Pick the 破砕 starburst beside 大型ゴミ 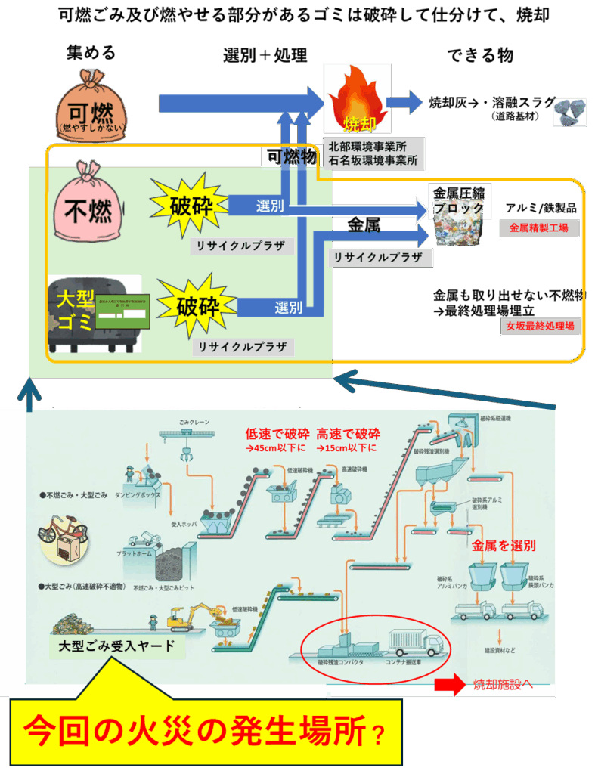point(197,308)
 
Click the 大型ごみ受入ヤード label point(116,646)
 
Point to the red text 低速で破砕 point(277,434)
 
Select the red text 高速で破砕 point(349,434)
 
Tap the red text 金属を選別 point(504,544)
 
